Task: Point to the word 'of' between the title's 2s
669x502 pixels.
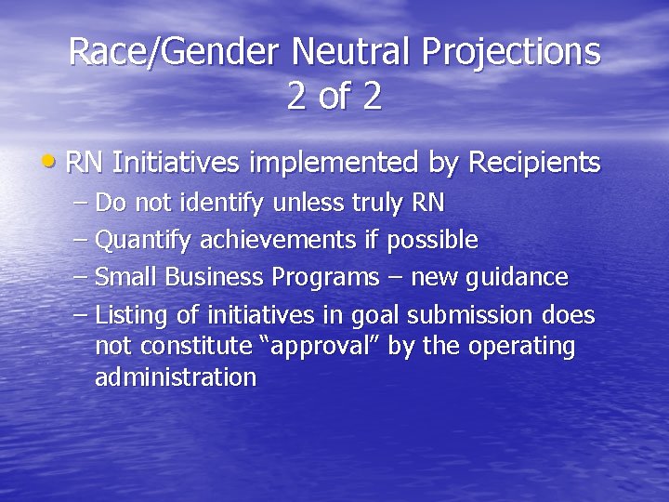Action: coord(334,97)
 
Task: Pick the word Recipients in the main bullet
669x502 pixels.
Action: coord(534,163)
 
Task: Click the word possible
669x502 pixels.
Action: coord(432,240)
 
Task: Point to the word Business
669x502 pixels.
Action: coord(216,277)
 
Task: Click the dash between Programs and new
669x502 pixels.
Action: coord(394,277)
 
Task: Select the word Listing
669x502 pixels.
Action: coord(130,315)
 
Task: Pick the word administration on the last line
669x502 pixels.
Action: coord(175,377)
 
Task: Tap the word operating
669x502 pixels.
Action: coord(522,347)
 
